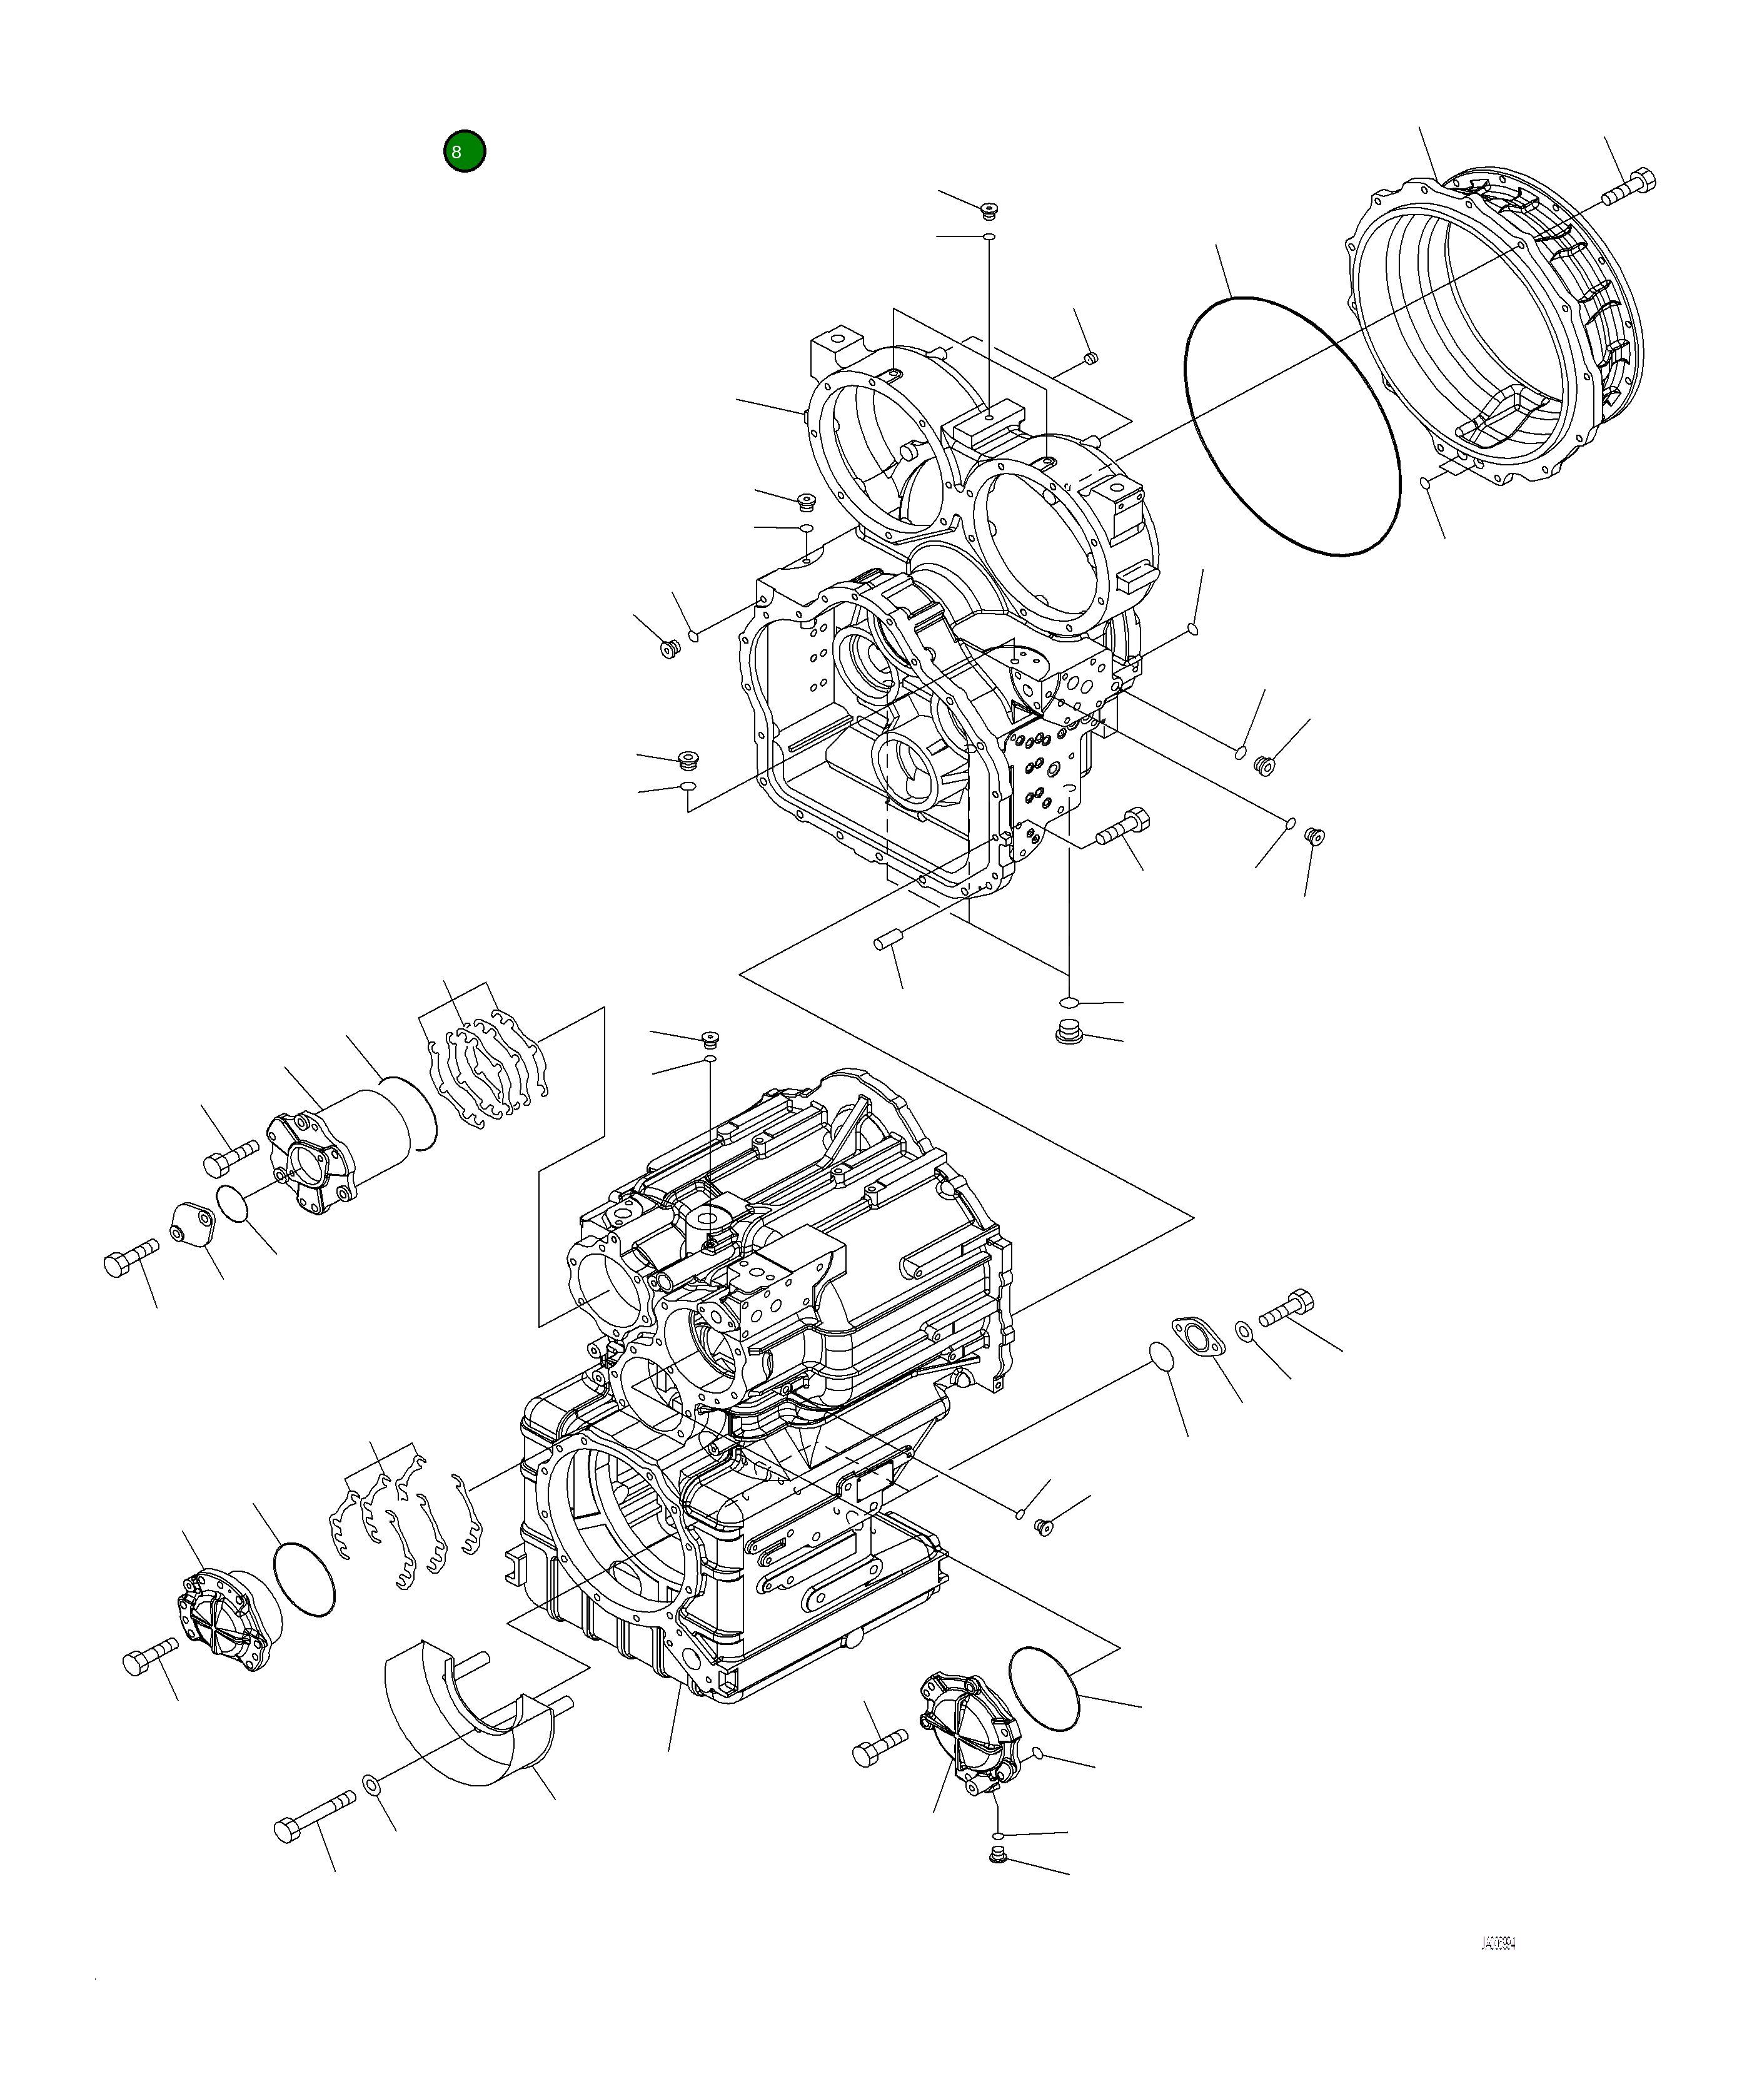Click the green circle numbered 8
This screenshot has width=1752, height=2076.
464,151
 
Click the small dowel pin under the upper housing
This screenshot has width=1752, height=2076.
887,939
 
